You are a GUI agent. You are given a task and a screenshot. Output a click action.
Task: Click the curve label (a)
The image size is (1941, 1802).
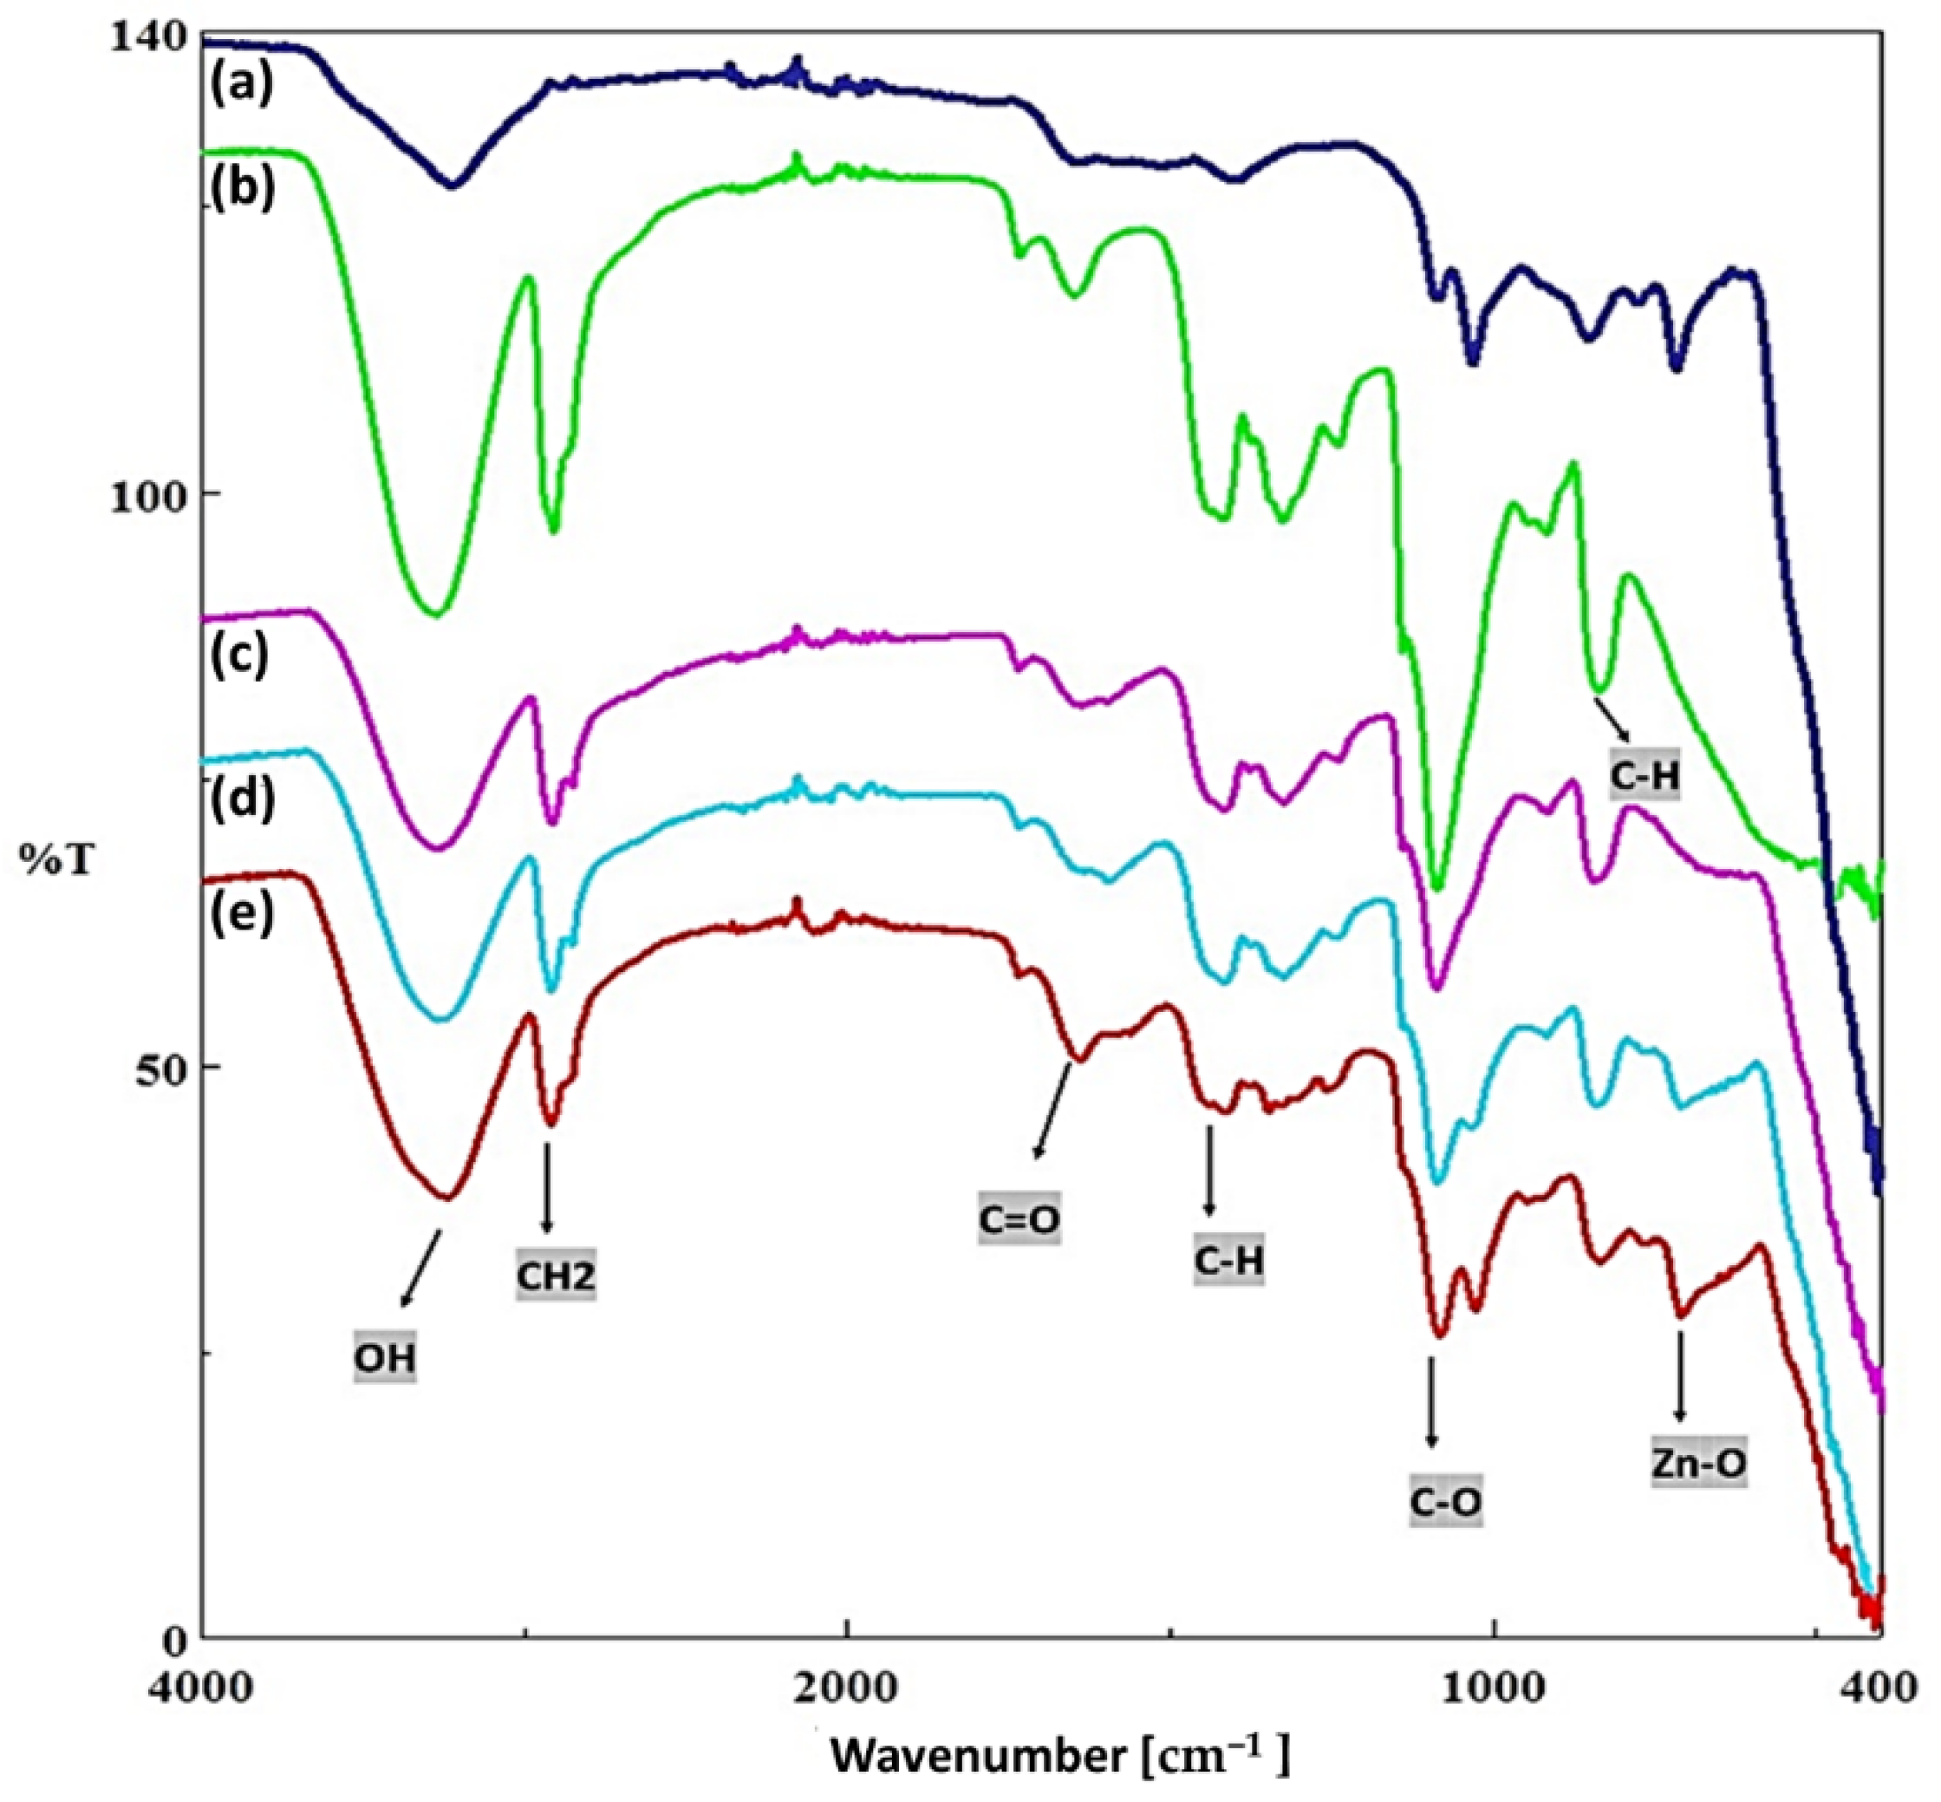pos(240,84)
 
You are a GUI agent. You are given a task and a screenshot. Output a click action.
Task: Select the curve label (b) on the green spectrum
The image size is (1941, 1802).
pos(240,187)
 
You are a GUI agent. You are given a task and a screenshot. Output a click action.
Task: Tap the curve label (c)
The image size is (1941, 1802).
pos(240,656)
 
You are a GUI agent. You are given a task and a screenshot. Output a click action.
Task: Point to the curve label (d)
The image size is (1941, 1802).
pos(243,798)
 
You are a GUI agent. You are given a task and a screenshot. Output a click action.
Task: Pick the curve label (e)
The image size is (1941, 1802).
pos(241,914)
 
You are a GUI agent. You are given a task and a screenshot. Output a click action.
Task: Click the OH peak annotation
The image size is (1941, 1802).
pos(384,1357)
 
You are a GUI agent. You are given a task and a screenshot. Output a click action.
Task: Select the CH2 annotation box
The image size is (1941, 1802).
pos(556,1276)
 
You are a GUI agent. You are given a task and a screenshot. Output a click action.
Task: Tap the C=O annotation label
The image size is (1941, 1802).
pos(1019,1220)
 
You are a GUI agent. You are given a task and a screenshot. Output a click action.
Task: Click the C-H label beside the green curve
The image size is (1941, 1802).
pos(1645,775)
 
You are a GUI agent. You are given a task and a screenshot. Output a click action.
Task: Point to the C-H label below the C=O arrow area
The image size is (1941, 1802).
pos(1229,1261)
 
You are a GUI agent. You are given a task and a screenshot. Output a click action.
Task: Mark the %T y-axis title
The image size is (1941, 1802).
pos(55,859)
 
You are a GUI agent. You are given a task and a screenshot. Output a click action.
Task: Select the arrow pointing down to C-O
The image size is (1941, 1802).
pos(1431,1414)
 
